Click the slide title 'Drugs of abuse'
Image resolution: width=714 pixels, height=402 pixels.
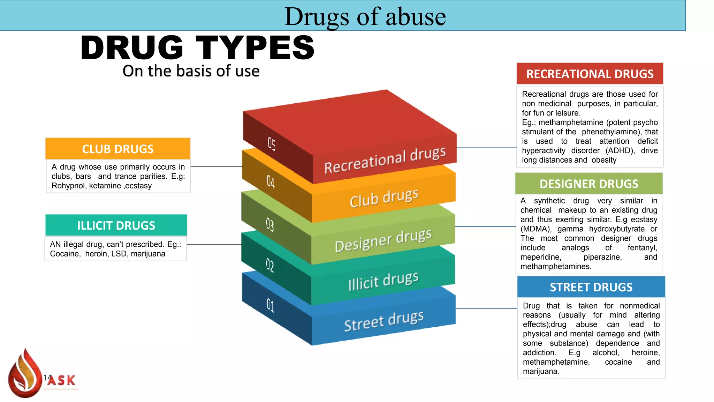365,16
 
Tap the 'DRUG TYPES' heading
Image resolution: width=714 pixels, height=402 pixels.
197,48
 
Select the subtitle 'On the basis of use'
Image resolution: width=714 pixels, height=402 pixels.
191,71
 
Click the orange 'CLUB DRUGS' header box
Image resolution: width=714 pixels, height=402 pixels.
118,149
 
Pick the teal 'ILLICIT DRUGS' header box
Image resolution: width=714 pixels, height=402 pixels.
116,225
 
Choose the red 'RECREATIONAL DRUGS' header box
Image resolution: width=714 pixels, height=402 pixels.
590,74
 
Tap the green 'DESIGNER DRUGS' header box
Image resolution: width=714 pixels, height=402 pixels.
589,184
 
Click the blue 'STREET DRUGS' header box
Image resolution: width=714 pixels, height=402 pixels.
591,287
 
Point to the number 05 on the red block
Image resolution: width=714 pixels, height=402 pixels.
272,143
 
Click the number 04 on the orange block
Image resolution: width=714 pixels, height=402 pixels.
271,181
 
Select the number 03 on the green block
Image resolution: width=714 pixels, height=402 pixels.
270,224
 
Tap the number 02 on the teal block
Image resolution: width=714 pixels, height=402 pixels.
270,265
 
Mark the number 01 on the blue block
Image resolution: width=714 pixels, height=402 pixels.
270,305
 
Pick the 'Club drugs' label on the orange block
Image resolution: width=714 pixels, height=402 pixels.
384,198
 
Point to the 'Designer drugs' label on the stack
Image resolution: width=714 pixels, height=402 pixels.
383,240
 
